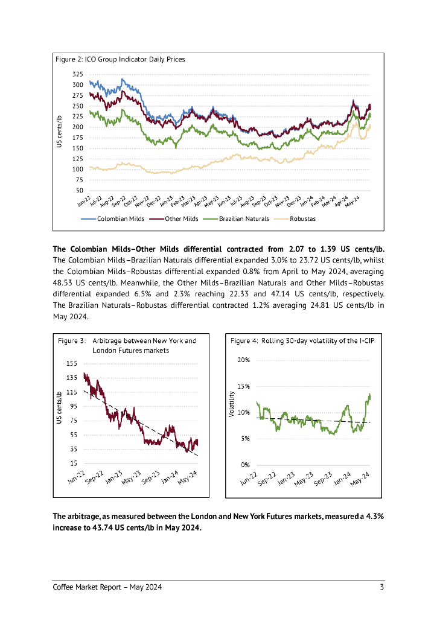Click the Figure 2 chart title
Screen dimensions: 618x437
(x=120, y=59)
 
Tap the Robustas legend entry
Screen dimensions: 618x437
(x=302, y=218)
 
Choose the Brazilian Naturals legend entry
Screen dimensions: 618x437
(x=244, y=218)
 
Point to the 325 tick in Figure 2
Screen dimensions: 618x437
(x=78, y=74)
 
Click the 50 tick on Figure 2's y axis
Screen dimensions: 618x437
(x=80, y=191)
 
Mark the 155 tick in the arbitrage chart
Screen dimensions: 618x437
(x=72, y=363)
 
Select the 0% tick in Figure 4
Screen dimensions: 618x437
(x=246, y=465)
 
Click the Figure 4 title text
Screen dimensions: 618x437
(x=302, y=341)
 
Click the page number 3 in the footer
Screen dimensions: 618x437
(x=382, y=587)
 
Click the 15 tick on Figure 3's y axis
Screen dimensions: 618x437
(x=73, y=463)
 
